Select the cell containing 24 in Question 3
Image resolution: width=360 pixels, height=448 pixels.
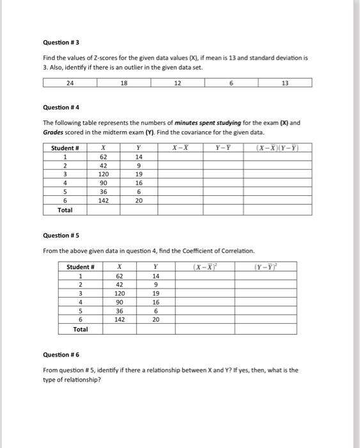click(x=70, y=83)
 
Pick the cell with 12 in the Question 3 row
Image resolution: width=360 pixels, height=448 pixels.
click(x=178, y=83)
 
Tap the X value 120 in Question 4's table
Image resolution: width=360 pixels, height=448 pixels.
click(x=103, y=173)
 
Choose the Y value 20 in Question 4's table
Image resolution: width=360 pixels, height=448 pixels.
click(x=139, y=200)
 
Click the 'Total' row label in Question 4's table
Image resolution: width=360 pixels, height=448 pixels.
click(x=65, y=209)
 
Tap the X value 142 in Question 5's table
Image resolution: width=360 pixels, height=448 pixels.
click(x=120, y=319)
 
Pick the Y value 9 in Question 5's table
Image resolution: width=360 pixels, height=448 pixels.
click(x=156, y=284)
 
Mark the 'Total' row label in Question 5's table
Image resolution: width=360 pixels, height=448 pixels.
click(x=81, y=329)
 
